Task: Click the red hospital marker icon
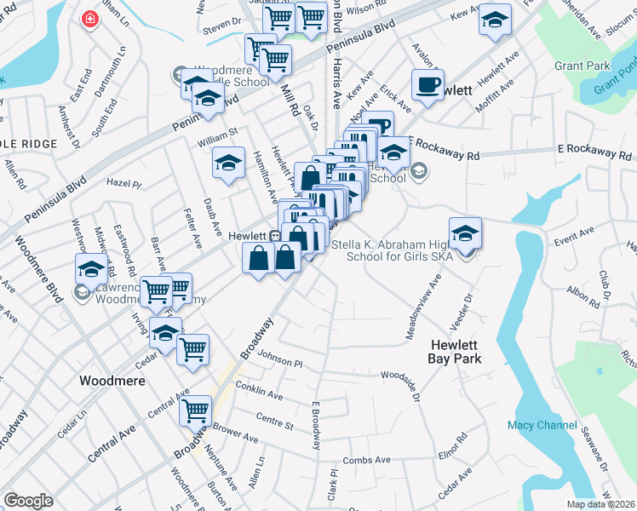89,20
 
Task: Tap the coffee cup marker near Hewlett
428,84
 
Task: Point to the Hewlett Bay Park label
456,352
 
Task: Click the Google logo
28,501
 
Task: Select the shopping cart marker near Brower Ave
196,411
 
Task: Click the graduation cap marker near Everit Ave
466,233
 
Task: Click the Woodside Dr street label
401,375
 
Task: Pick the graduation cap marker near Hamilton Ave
228,164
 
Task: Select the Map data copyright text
601,504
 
